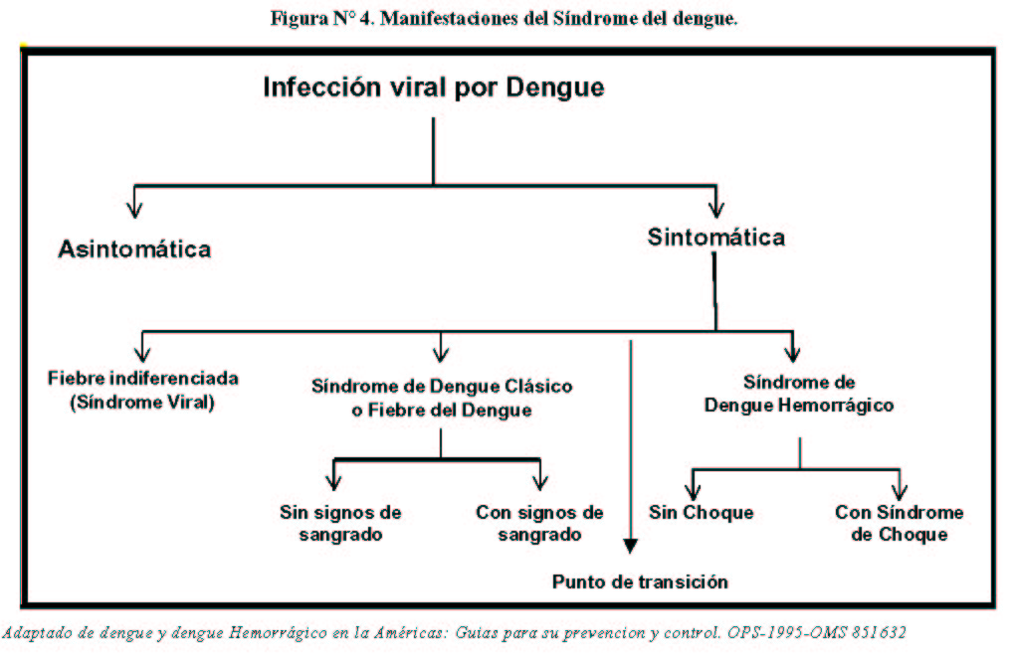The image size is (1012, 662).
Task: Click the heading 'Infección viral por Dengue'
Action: [434, 87]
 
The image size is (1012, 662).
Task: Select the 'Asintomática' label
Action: [135, 248]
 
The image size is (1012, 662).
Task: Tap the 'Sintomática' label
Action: [716, 238]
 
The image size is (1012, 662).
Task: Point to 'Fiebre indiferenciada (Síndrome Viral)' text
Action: [142, 390]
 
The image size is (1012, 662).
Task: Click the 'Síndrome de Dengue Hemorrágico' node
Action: [799, 394]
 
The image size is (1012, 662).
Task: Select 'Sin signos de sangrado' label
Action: [340, 523]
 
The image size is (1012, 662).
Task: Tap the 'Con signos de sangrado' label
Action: [539, 523]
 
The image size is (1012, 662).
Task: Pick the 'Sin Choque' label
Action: [701, 513]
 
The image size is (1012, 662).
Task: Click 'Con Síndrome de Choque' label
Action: [899, 523]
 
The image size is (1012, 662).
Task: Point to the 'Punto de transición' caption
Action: [640, 582]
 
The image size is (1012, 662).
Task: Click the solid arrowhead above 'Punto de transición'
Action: [631, 547]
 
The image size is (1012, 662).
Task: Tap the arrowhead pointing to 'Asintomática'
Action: [134, 210]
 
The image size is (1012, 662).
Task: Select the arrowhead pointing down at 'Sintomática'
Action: [716, 210]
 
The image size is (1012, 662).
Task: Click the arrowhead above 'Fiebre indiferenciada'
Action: [142, 354]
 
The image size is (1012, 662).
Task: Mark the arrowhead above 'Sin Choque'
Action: [693, 492]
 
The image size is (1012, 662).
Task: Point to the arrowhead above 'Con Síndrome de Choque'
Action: [899, 492]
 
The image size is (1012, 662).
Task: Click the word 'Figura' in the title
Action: [300, 19]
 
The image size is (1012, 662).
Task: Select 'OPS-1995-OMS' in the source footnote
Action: [785, 632]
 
